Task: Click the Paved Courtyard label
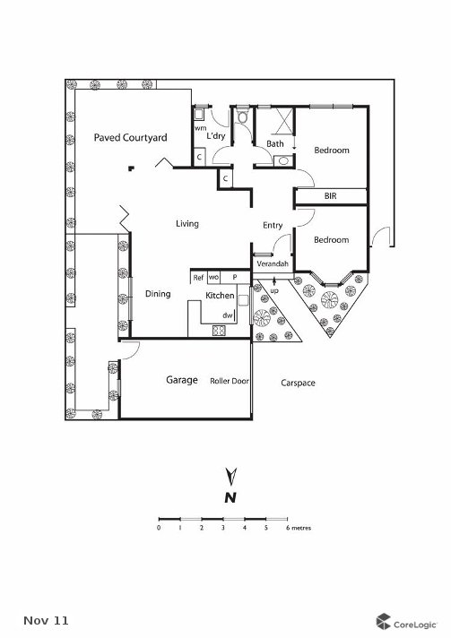pyautogui.click(x=131, y=138)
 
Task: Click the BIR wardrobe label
pyautogui.click(x=331, y=195)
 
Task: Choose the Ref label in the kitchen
pyautogui.click(x=199, y=278)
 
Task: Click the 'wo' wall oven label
pyautogui.click(x=214, y=278)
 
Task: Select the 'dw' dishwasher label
pyautogui.click(x=228, y=315)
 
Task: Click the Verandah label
pyautogui.click(x=273, y=265)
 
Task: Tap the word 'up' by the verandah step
pyautogui.click(x=274, y=292)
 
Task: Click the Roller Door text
pyautogui.click(x=229, y=381)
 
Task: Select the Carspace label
pyautogui.click(x=298, y=383)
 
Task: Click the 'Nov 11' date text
pyautogui.click(x=45, y=620)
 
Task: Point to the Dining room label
pyautogui.click(x=158, y=293)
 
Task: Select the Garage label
pyautogui.click(x=181, y=380)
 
